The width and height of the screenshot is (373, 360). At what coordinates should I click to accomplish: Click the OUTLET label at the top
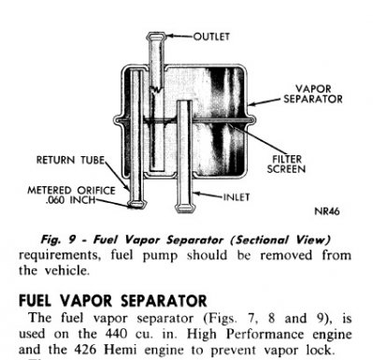click(x=214, y=36)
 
